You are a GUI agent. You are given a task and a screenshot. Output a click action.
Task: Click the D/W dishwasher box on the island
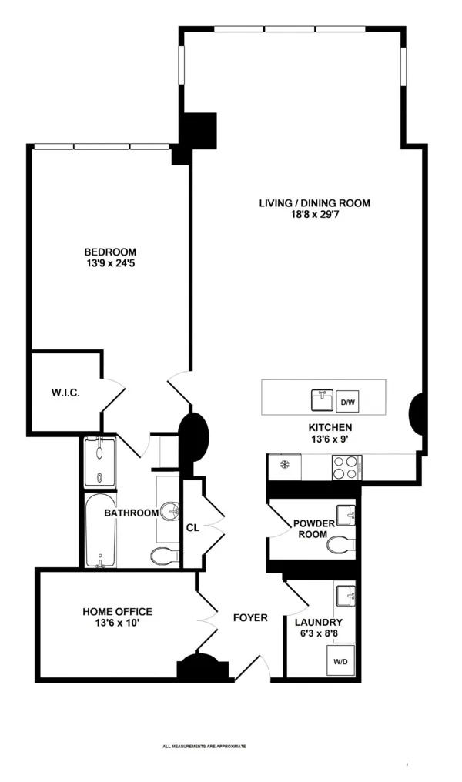[x=347, y=401]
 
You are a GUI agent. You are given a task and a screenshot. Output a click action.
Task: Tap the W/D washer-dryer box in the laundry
[x=340, y=661]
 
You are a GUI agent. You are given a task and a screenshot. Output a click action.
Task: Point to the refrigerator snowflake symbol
[x=283, y=465]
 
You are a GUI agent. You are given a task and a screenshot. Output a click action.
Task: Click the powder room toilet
[x=340, y=545]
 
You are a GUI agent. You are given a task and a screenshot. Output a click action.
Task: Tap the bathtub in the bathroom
[x=100, y=531]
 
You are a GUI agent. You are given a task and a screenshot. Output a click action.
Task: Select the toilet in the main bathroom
[x=164, y=556]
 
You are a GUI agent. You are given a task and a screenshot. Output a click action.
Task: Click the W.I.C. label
[x=65, y=393]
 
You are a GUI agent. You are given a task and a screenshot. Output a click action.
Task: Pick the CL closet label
[x=192, y=528]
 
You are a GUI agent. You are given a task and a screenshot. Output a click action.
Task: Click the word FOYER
[x=250, y=617]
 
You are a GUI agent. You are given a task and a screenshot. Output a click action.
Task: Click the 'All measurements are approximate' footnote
[x=204, y=746]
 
